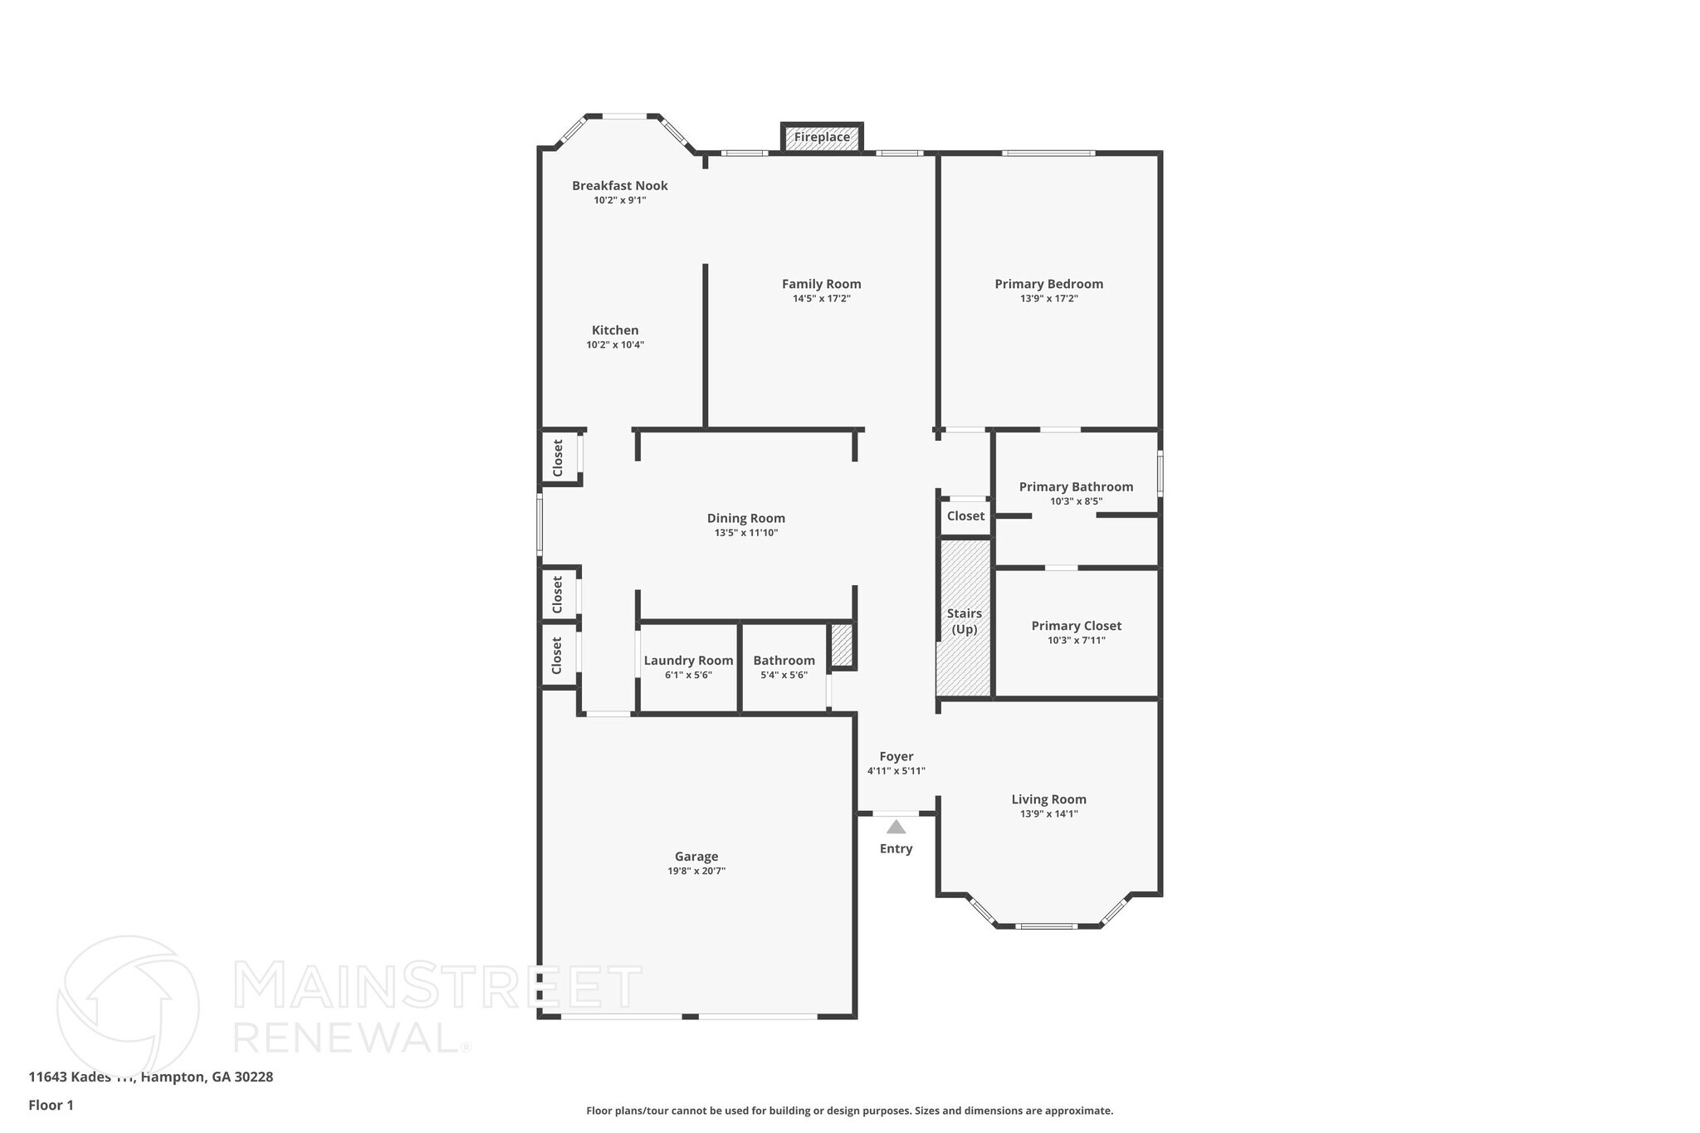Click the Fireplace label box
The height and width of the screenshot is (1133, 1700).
(822, 138)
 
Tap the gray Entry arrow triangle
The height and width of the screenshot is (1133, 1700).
(896, 827)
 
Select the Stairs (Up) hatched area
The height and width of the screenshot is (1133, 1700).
(965, 618)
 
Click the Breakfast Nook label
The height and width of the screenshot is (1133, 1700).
(619, 186)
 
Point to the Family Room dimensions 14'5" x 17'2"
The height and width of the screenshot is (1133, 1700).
(821, 299)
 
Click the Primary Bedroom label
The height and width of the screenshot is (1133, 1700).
(1048, 284)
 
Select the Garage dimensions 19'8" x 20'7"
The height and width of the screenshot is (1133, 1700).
(696, 871)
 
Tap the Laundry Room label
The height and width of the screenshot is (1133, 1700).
(688, 661)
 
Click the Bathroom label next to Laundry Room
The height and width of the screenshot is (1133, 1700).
(784, 661)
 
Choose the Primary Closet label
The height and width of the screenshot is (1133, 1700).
(1076, 626)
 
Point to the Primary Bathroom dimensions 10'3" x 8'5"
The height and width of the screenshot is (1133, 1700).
(1076, 501)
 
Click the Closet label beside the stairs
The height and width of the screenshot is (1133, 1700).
(965, 516)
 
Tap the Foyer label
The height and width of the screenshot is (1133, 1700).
(896, 756)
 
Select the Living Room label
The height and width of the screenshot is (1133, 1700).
(1048, 799)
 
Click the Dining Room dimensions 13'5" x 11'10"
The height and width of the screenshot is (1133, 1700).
(745, 533)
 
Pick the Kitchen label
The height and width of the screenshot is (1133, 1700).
(615, 330)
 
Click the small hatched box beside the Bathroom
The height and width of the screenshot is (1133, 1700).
(842, 645)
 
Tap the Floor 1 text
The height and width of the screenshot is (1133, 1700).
(51, 1105)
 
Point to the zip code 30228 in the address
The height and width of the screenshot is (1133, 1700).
(254, 1077)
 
